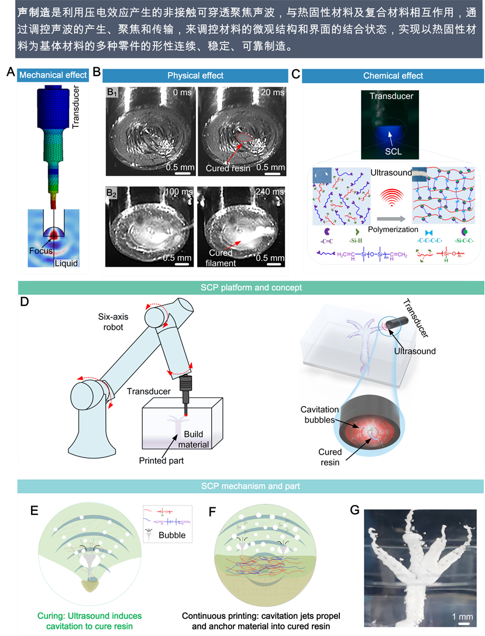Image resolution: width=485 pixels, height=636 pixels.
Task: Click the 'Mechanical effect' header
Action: tap(53, 75)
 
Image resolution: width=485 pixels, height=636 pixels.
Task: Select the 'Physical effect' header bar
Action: tap(195, 75)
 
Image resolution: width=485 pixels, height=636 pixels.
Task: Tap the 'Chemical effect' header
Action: tap(393, 75)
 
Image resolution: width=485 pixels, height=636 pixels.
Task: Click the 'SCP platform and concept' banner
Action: tap(251, 287)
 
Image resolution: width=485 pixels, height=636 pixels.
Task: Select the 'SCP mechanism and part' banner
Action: tap(251, 486)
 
